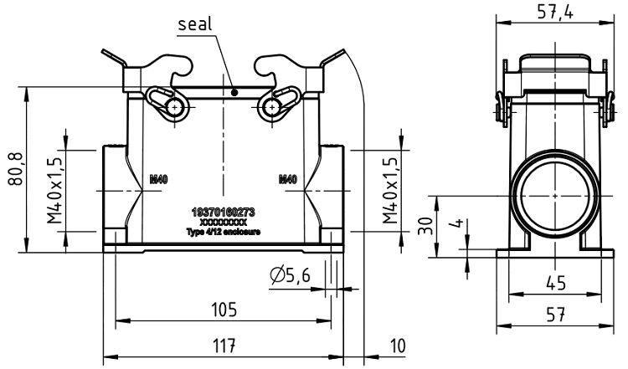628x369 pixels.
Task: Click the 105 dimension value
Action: pyautogui.click(x=223, y=310)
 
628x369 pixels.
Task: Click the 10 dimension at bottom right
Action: pyautogui.click(x=399, y=345)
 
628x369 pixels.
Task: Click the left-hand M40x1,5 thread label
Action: pyautogui.click(x=54, y=188)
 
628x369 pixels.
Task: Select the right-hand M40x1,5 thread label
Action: pyautogui.click(x=389, y=188)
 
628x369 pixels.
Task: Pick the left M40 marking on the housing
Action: pyautogui.click(x=158, y=178)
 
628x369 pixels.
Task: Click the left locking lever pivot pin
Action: pyautogui.click(x=173, y=106)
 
